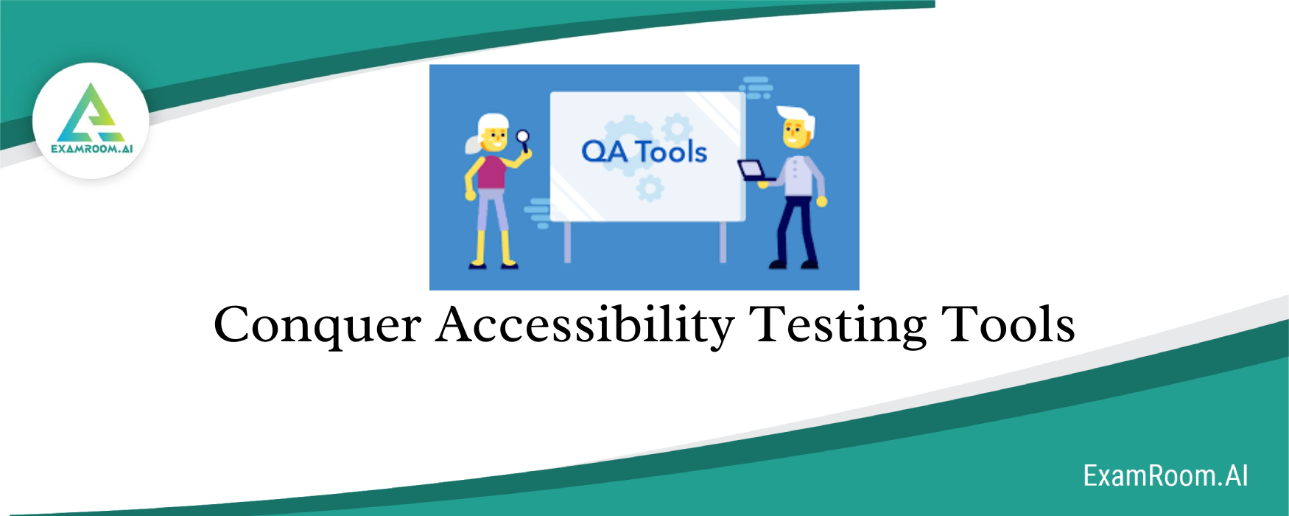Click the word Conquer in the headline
317,326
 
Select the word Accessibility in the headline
585,326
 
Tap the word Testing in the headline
837,326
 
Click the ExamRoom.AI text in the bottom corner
1165,476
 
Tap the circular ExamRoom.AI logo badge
91,121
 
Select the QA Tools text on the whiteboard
644,152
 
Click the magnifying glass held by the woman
523,136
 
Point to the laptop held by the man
754,171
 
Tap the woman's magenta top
491,171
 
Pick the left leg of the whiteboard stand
567,241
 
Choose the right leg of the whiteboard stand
723,241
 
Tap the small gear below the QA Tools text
650,189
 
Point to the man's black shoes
793,263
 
